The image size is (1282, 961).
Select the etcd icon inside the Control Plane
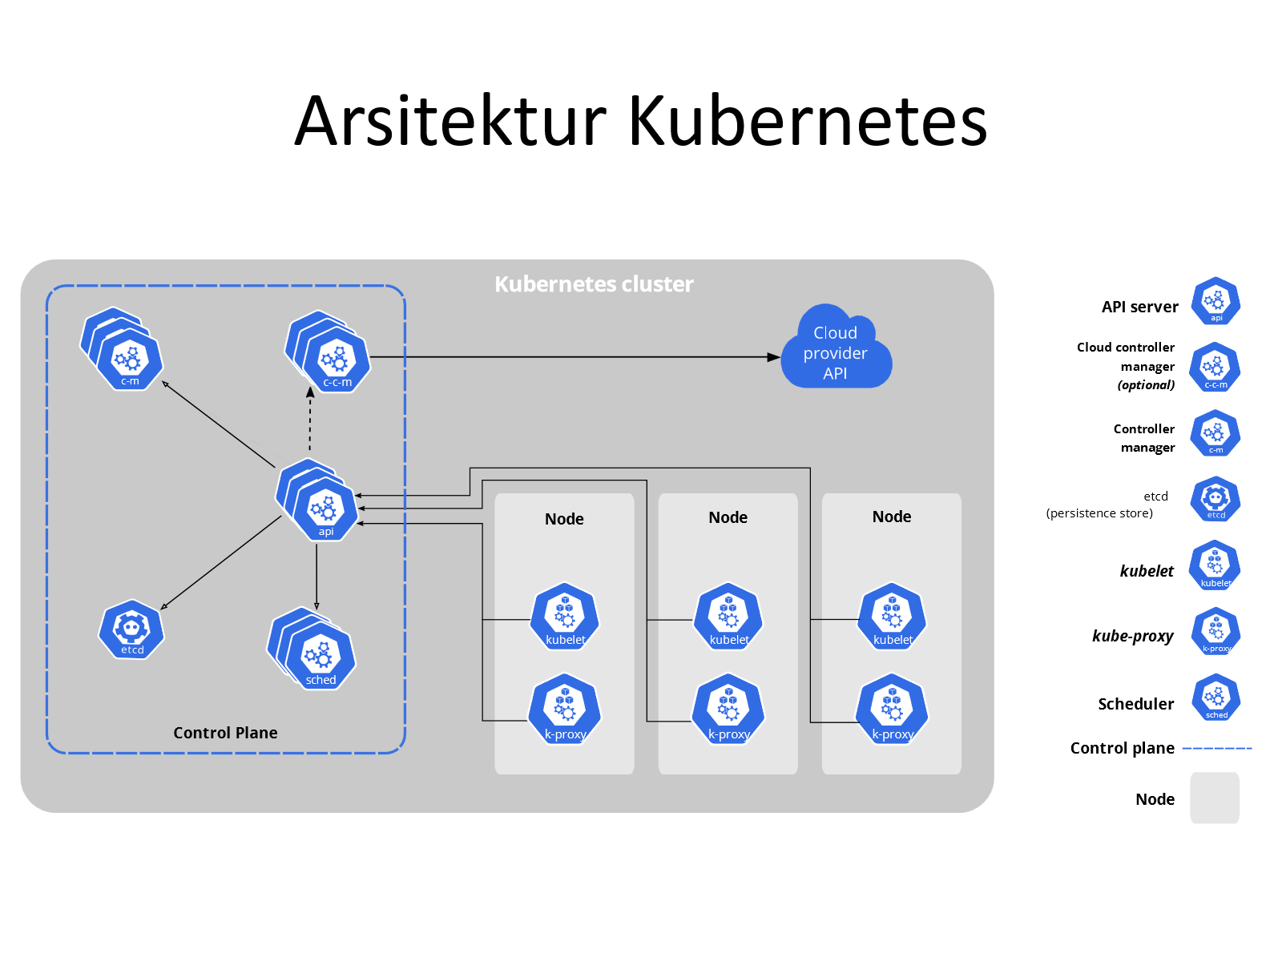point(131,629)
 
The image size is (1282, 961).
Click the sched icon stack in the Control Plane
point(312,649)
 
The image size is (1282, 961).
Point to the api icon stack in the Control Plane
point(316,501)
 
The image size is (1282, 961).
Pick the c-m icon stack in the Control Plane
point(122,349)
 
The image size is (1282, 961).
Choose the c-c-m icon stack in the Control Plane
point(328,352)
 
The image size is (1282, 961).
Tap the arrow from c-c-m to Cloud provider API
point(575,356)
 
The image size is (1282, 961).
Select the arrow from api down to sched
point(316,577)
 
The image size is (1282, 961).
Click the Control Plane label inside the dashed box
point(225,732)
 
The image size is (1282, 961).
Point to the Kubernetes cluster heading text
point(594,284)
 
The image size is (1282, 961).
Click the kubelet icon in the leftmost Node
point(565,617)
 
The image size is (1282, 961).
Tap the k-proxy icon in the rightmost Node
point(892,709)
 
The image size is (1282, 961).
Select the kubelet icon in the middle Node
point(728,617)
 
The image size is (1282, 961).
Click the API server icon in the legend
point(1215,301)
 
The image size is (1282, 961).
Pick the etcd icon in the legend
point(1215,500)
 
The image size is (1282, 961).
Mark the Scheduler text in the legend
point(1135,704)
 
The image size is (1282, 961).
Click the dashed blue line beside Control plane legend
point(1217,748)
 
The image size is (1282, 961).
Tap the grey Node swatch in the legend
point(1215,798)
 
